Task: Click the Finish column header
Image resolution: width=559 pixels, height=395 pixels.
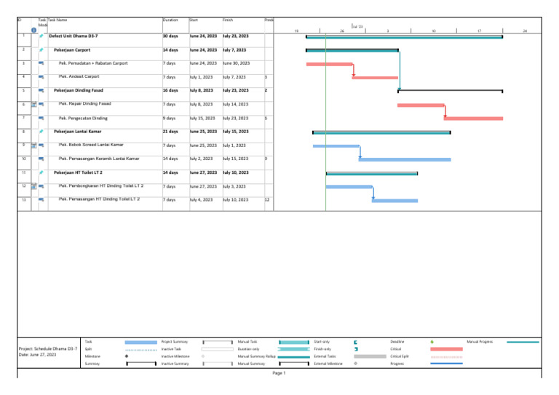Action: pos(229,20)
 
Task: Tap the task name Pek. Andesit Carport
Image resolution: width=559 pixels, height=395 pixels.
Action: pos(79,76)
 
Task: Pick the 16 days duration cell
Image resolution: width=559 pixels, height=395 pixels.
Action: pos(170,90)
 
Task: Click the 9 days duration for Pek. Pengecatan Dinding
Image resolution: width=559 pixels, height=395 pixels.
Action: pos(170,118)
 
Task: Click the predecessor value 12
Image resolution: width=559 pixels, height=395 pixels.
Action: pos(267,199)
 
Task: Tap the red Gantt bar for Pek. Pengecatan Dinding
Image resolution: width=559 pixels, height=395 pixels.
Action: pos(473,118)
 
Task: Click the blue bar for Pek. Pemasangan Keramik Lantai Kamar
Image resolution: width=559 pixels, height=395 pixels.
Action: pos(405,159)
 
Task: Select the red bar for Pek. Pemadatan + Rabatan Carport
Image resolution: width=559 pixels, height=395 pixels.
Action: pos(329,64)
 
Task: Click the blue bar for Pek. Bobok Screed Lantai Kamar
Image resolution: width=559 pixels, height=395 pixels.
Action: pos(336,145)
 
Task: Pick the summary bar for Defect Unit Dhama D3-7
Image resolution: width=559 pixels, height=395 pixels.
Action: pos(404,36)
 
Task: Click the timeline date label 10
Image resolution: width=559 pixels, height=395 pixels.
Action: pos(433,31)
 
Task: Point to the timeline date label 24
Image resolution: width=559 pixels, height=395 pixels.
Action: pos(525,31)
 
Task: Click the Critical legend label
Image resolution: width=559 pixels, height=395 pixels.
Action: pos(397,348)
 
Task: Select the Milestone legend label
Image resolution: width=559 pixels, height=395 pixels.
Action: pos(92,356)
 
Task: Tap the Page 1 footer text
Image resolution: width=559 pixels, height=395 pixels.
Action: pos(279,373)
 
